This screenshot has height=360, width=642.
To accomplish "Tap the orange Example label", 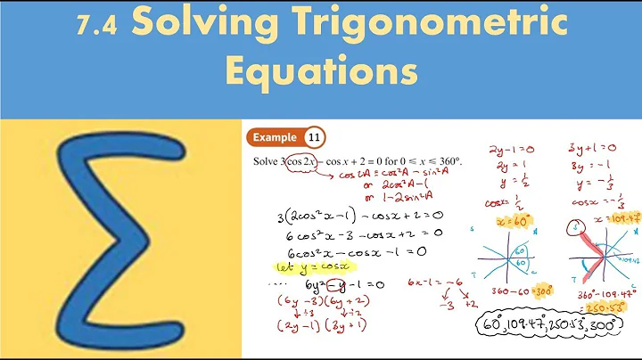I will (276, 137).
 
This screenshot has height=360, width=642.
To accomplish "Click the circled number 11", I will (314, 137).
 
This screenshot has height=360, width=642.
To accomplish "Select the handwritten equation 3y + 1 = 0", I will (588, 148).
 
